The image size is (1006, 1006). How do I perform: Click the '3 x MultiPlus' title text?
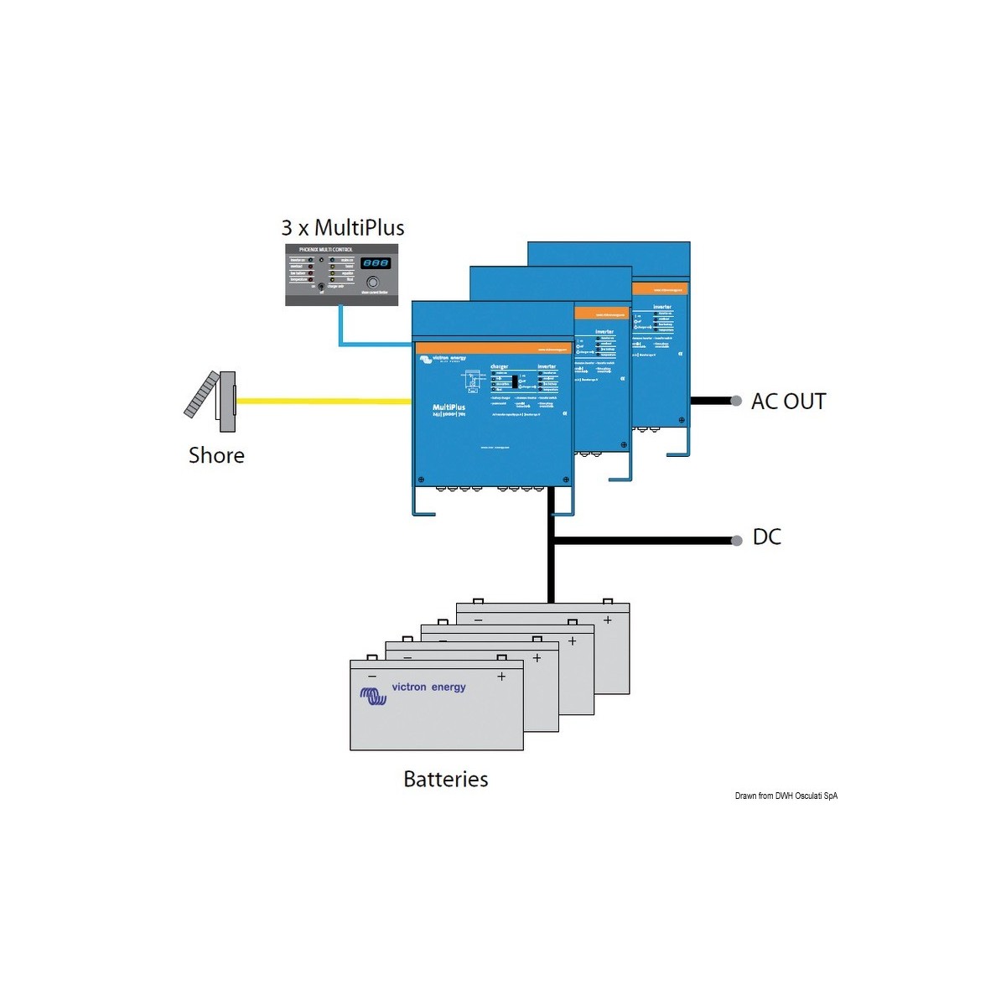coord(343,228)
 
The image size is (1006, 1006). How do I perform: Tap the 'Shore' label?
coord(216,455)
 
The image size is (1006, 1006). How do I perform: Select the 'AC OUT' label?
coord(788,402)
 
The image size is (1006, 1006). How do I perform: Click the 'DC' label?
coord(766,537)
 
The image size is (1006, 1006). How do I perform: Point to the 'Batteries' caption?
coord(445,779)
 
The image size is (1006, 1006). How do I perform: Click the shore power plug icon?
coord(212,400)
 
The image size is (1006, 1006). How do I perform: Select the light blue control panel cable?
coord(341,327)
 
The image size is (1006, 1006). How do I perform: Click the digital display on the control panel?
coord(375,263)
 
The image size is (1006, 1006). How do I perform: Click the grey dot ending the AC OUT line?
coord(736,401)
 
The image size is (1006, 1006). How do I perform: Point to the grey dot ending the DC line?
coord(736,541)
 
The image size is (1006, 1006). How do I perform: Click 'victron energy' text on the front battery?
coord(428,687)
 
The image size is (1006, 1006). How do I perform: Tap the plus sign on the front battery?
coord(501,677)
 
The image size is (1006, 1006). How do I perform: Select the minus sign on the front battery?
coord(372,677)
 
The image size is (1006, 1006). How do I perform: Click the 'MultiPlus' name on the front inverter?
coord(449,407)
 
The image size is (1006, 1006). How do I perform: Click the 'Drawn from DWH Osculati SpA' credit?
coord(786,796)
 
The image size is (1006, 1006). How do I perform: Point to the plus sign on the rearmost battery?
coord(607,620)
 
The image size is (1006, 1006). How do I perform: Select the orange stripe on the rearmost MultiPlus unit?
coord(659,288)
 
